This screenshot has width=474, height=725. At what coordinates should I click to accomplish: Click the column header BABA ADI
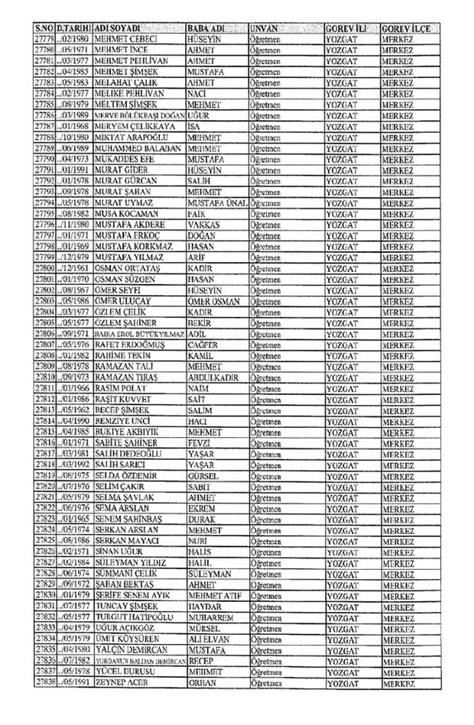tap(207, 28)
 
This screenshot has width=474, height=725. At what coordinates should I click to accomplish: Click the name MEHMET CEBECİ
tap(126, 38)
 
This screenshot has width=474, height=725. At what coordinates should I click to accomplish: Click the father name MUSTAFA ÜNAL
tap(216, 204)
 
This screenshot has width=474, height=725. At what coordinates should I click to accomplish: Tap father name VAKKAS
tap(203, 225)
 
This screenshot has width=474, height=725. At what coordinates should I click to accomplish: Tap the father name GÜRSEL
tap(203, 474)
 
